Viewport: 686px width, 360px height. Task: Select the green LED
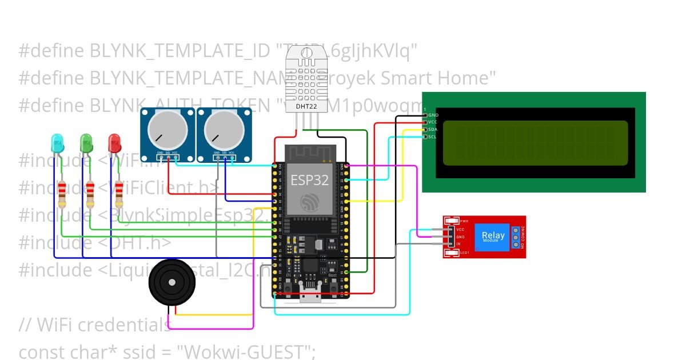click(x=86, y=141)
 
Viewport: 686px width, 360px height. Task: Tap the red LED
click(x=114, y=141)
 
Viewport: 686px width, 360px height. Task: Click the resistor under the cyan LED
click(x=62, y=194)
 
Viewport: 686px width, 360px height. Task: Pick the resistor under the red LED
click(x=119, y=194)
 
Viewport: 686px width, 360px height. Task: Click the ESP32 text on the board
click(x=309, y=180)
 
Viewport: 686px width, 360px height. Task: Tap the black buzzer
click(x=171, y=283)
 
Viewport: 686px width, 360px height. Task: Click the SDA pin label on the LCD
click(x=433, y=130)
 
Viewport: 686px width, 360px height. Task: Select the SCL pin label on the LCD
click(x=433, y=137)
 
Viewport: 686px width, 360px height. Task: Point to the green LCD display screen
click(x=535, y=141)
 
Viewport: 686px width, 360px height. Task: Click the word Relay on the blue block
click(x=493, y=235)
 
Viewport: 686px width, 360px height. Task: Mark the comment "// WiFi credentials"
click(x=94, y=325)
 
